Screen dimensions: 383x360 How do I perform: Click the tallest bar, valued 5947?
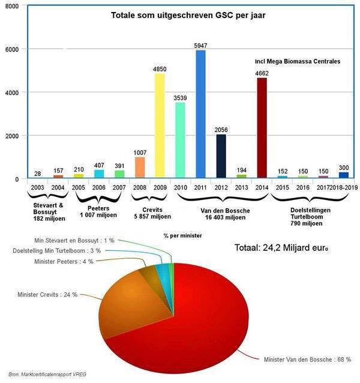[200, 114]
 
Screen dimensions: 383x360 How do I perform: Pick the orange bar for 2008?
[139, 167]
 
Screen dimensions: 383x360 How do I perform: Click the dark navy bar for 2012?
[220, 156]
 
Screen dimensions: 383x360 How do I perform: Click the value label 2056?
[220, 130]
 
